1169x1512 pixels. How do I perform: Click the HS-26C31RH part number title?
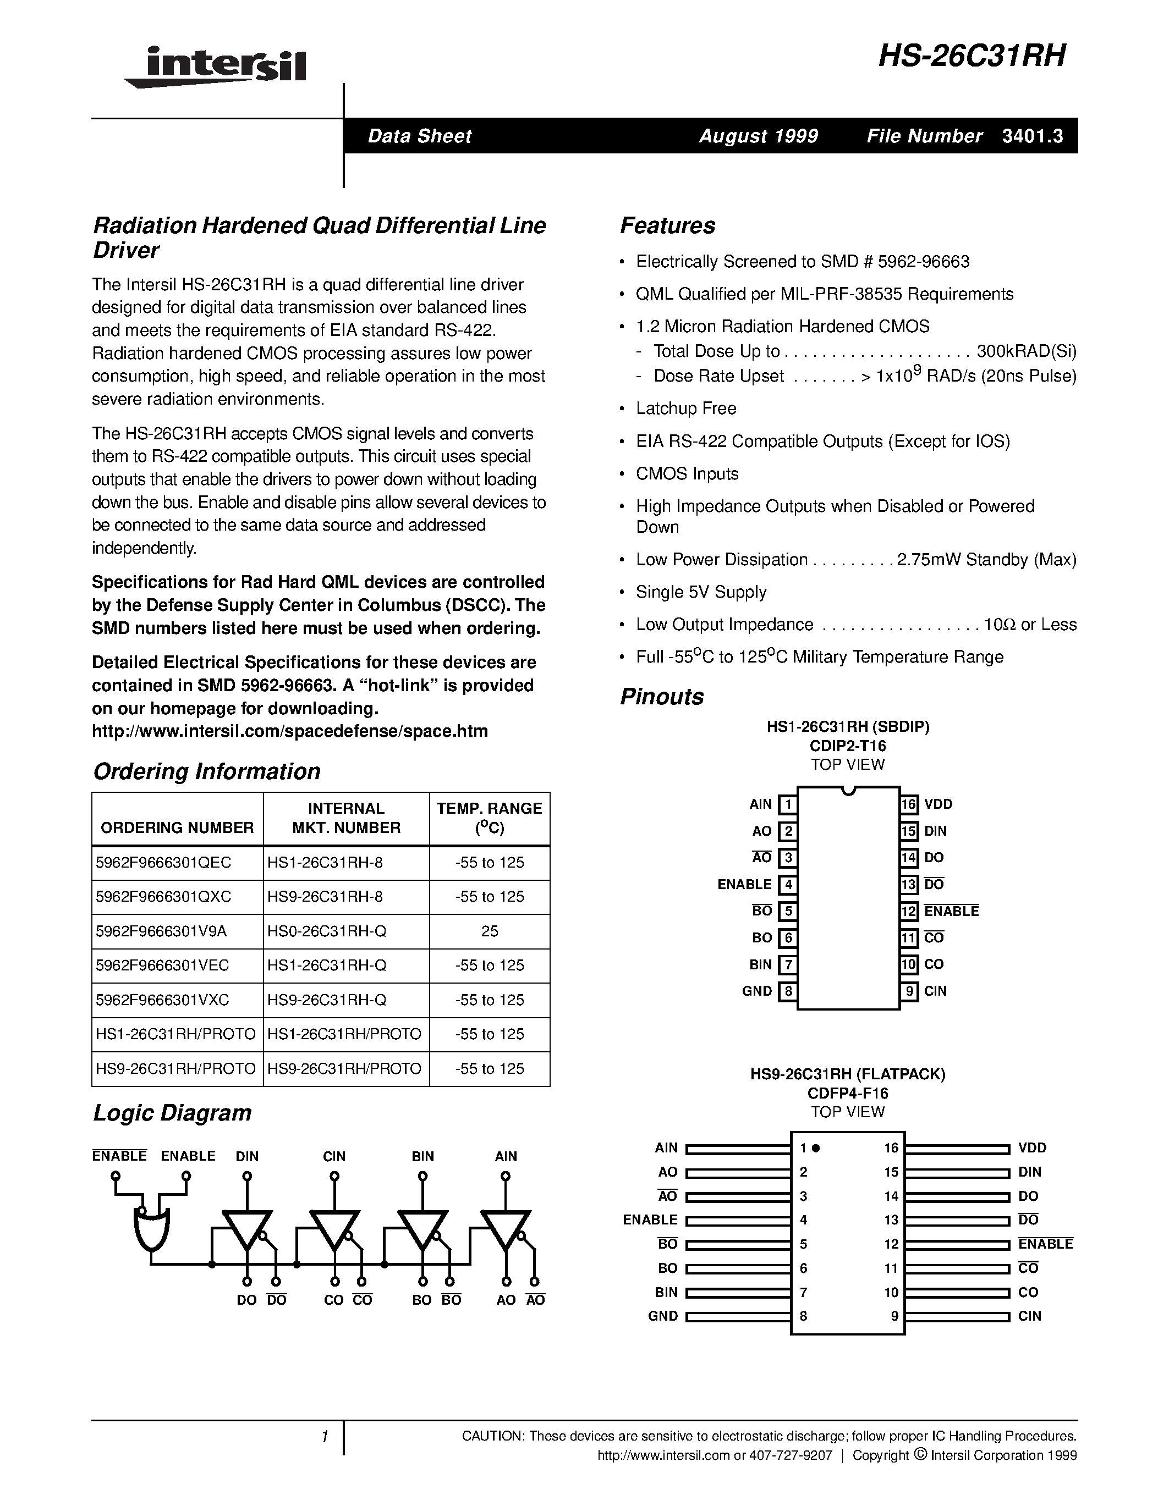972,56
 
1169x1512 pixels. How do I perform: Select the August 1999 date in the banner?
758,136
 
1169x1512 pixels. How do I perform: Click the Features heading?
668,225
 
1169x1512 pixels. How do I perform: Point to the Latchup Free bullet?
685,409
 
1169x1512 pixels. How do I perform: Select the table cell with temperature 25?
489,931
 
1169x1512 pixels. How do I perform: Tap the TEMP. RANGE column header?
489,818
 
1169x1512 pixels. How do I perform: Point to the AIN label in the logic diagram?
506,1156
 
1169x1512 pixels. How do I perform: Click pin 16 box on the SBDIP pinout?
909,804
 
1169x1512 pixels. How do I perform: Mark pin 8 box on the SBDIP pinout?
787,991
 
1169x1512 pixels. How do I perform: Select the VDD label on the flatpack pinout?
1032,1148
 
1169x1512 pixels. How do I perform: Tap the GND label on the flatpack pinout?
663,1316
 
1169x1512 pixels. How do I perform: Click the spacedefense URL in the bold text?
289,731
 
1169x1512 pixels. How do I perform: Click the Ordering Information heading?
206,771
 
